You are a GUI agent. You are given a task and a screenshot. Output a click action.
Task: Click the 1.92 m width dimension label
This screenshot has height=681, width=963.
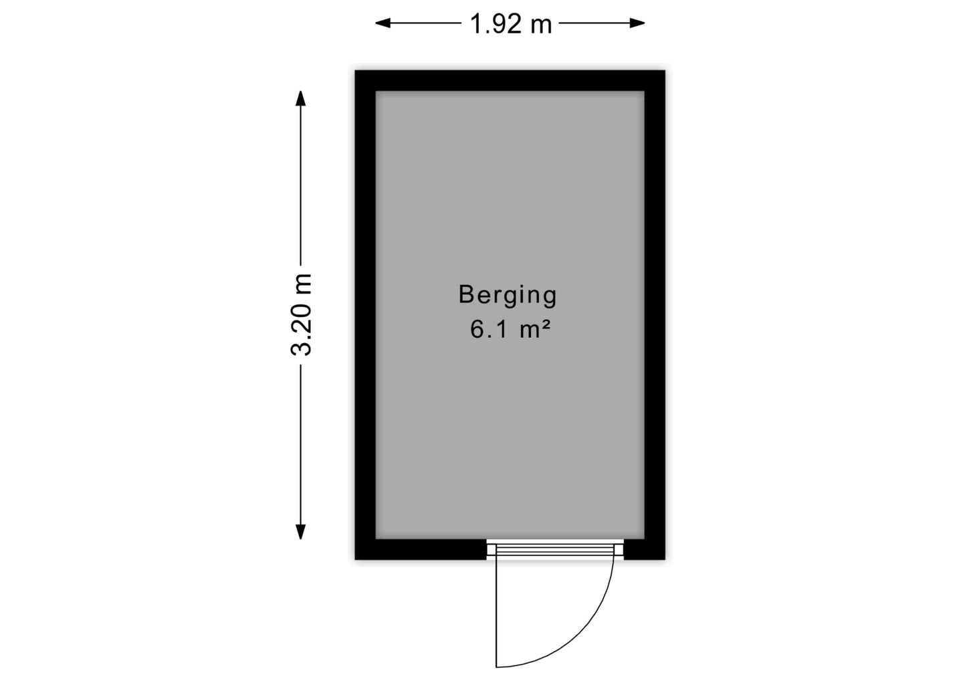tap(511, 23)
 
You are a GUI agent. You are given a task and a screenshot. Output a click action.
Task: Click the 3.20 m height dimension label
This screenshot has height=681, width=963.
tap(301, 314)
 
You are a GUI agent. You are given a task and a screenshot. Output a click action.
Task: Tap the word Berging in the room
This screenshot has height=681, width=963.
tap(508, 296)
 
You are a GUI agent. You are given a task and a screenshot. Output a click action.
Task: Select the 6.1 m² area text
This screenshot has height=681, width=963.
tap(510, 330)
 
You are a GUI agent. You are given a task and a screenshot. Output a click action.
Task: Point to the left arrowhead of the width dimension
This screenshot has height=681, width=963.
tap(383, 23)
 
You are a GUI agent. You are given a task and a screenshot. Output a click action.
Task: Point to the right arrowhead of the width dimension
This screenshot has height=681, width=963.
tap(637, 23)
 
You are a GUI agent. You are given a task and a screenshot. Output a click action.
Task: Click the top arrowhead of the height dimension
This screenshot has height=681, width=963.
tap(300, 98)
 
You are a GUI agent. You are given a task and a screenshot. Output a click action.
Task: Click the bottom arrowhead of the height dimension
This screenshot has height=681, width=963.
tap(300, 532)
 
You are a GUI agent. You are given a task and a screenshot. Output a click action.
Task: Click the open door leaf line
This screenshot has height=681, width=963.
tap(496, 611)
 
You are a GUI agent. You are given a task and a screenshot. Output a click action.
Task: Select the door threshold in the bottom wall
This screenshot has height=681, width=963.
tap(555, 549)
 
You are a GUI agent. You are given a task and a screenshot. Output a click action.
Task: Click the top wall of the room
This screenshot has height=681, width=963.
tap(510, 81)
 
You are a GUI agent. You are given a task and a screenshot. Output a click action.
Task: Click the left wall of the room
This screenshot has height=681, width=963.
tap(365, 314)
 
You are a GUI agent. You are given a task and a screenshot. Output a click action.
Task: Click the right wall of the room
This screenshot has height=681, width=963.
tap(655, 314)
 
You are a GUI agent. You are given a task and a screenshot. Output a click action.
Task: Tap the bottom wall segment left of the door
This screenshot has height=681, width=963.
tap(421, 549)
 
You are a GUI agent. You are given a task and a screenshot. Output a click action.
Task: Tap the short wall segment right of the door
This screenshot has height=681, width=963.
tap(645, 549)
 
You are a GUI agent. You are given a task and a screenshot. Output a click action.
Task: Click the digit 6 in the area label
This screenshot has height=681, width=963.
tap(477, 330)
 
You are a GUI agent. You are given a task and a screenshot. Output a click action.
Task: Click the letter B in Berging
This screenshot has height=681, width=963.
tap(467, 294)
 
